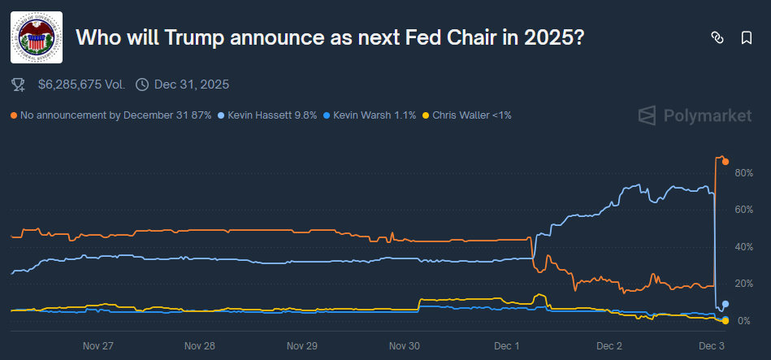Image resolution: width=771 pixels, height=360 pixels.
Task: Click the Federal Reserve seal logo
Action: [x=37, y=37]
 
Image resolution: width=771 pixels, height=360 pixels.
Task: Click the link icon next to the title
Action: [x=717, y=37]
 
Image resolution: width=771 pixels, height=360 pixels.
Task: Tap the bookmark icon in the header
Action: [x=746, y=37]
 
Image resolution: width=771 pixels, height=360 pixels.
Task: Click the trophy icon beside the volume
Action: [x=19, y=84]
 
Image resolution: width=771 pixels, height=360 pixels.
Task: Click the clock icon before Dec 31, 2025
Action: [x=142, y=84]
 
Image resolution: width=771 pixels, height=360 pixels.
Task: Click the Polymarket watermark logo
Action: [x=694, y=115]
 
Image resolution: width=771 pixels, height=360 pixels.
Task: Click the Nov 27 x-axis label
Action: [x=97, y=345]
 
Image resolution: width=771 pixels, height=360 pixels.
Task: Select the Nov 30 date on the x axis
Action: [x=405, y=345]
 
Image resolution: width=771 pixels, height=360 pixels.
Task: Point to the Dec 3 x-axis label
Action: [x=712, y=345]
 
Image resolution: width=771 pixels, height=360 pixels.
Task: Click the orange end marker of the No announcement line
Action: [x=725, y=162]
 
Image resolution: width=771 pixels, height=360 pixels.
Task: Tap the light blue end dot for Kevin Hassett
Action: [x=725, y=304]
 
